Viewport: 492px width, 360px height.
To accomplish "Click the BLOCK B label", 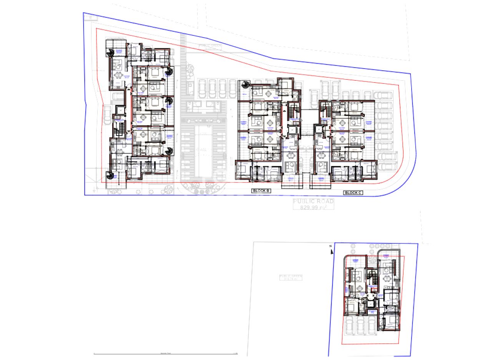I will tap(262, 191).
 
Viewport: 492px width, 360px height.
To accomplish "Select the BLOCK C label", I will tap(353, 192).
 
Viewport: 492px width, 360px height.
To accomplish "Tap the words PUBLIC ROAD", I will tap(313, 201).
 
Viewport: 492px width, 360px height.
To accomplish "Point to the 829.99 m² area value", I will tap(313, 207).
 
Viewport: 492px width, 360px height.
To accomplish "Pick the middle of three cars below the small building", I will tap(360, 325).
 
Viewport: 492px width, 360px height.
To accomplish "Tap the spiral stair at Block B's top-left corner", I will tap(245, 85).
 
